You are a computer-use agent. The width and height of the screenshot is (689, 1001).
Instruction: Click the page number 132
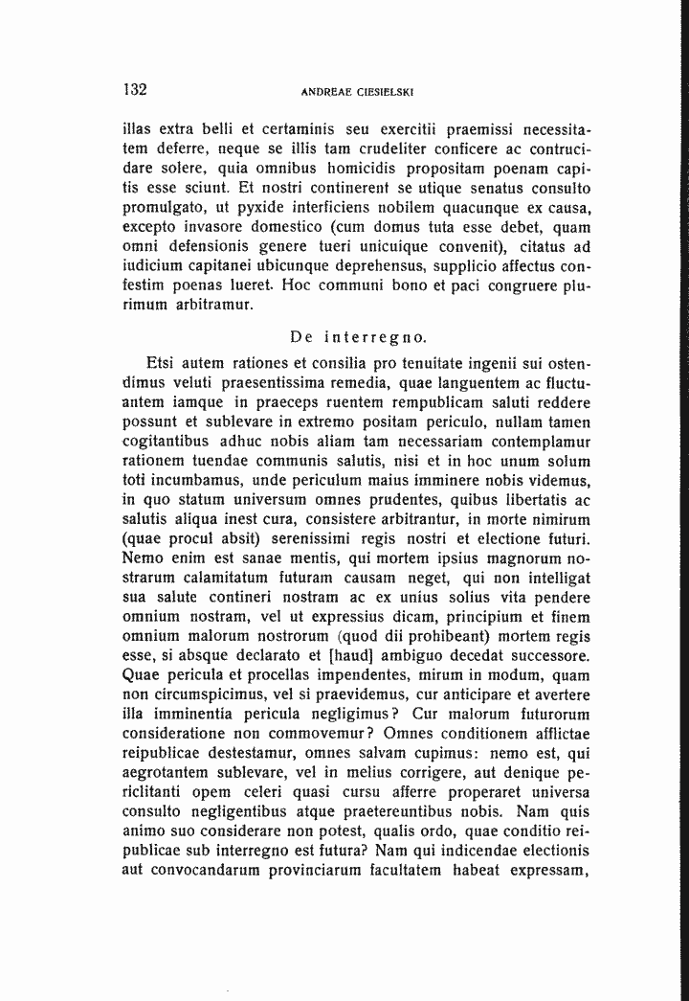[x=135, y=90]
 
